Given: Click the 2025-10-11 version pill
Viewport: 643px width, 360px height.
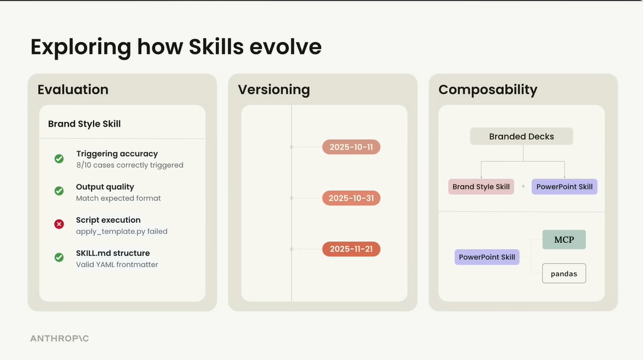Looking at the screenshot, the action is [351, 147].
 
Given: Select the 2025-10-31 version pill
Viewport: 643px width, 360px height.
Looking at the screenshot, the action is [351, 198].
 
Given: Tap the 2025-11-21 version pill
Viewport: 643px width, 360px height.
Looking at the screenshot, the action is [351, 249].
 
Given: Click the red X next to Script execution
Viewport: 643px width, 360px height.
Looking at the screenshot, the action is [59, 224].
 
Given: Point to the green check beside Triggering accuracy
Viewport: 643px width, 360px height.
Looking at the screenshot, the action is [59, 159].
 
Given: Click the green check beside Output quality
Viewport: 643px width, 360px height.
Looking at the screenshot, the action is [59, 191].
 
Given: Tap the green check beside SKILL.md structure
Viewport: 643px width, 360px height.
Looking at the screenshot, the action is [59, 257].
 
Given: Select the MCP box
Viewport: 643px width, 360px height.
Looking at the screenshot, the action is [564, 240].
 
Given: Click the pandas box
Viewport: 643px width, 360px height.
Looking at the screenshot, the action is [564, 273].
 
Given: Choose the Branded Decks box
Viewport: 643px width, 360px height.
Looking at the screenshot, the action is [521, 136].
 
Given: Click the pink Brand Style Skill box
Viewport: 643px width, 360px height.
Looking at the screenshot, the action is [481, 186].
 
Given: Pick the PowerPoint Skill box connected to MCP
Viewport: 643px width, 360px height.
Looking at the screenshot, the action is [487, 257].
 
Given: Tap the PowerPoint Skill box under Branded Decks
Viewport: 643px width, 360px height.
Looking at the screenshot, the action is [564, 186].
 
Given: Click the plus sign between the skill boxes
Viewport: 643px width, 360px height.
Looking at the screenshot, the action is [523, 186].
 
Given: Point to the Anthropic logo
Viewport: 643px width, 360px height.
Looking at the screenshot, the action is [60, 338].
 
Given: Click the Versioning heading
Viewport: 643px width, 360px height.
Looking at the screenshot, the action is [274, 90].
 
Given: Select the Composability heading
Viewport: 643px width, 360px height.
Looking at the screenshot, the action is [487, 90].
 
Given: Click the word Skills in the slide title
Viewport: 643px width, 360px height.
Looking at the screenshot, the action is [216, 46].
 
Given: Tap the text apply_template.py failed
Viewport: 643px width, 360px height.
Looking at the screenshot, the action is [122, 231].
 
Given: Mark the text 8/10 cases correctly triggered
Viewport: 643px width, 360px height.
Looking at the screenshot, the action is [130, 165].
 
